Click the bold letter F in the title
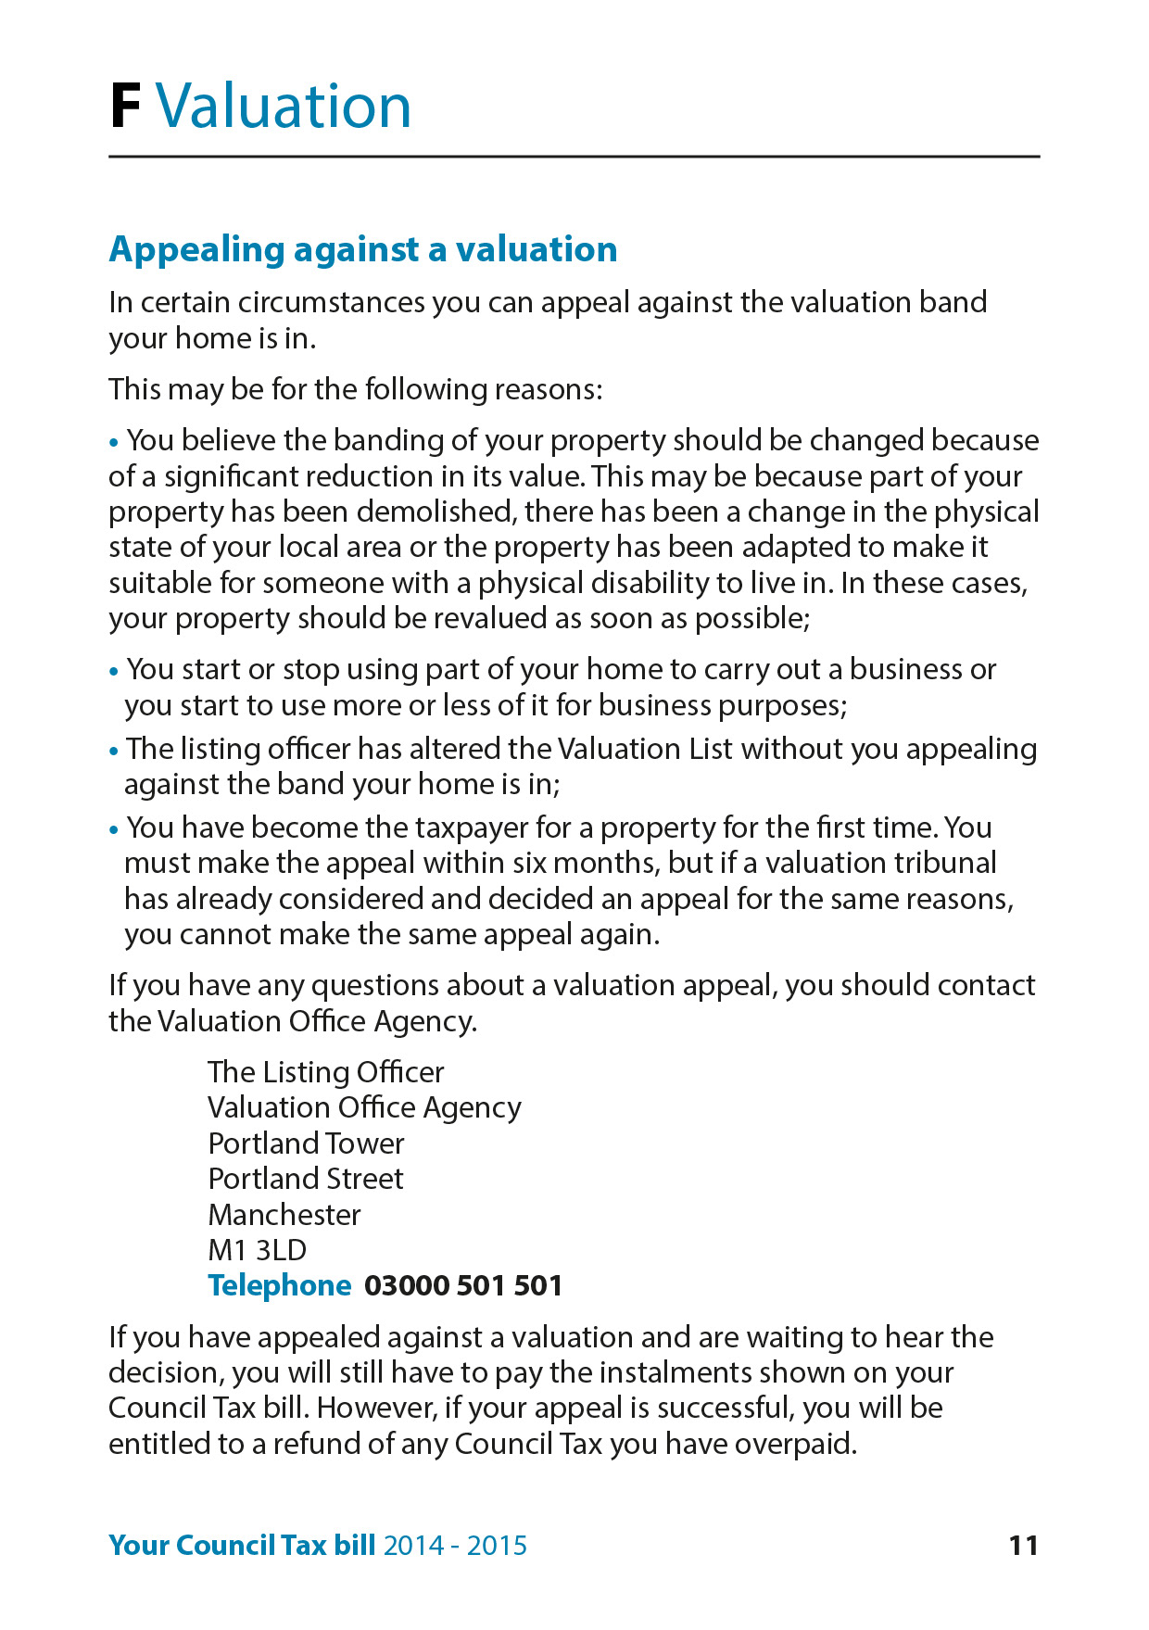[x=125, y=107]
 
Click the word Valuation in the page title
[x=283, y=107]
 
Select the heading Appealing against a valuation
[x=363, y=250]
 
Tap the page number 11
[x=1023, y=1545]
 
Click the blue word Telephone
[x=280, y=1285]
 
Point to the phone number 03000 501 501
[x=463, y=1285]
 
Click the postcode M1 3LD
[x=257, y=1250]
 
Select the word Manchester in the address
[x=284, y=1214]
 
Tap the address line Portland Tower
[x=306, y=1144]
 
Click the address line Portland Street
[x=306, y=1179]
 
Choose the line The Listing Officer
[x=325, y=1072]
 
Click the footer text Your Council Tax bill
[x=242, y=1545]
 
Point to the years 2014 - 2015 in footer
[x=455, y=1545]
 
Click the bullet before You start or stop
[x=114, y=671]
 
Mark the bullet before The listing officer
[x=114, y=751]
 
